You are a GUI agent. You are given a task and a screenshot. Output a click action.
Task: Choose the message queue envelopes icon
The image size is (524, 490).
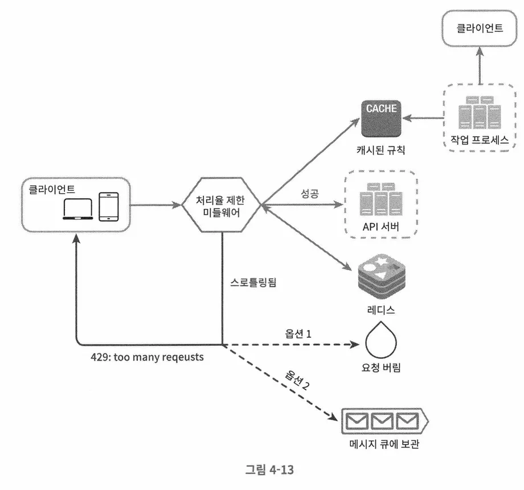(x=383, y=422)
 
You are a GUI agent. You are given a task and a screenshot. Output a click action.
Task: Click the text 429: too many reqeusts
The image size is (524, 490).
(x=146, y=358)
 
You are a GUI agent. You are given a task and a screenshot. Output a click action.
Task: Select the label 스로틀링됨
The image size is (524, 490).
(x=253, y=282)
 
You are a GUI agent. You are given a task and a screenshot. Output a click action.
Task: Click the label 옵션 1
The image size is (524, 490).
(x=298, y=333)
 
